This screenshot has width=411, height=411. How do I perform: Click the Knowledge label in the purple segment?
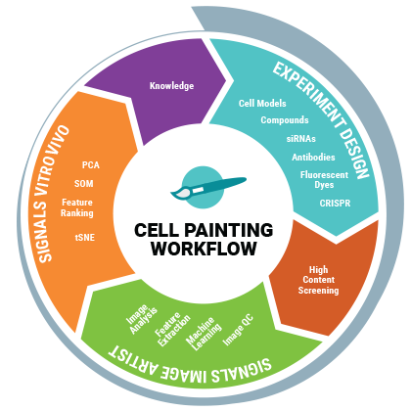pyautogui.click(x=171, y=86)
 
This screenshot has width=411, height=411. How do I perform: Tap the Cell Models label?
pyautogui.click(x=262, y=104)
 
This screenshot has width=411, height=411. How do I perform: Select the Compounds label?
pyautogui.click(x=285, y=120)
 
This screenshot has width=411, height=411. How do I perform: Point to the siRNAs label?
pyautogui.click(x=301, y=139)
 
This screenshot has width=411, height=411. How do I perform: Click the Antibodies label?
pyautogui.click(x=313, y=158)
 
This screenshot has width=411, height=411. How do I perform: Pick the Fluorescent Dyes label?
pyautogui.click(x=324, y=180)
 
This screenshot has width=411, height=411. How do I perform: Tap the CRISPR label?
pyautogui.click(x=335, y=204)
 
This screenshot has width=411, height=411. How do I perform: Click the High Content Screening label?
pyautogui.click(x=318, y=280)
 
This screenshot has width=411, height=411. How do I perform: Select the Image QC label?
pyautogui.click(x=238, y=330)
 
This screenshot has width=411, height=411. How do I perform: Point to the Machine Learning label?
pyautogui.click(x=204, y=334)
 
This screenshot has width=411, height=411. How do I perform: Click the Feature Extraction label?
pyautogui.click(x=172, y=329)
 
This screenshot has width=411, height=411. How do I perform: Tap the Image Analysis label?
pyautogui.click(x=142, y=319)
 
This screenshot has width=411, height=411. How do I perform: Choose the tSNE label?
pyautogui.click(x=85, y=238)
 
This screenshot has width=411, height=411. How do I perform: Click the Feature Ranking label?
pyautogui.click(x=77, y=207)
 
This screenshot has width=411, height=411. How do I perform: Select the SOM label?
pyautogui.click(x=84, y=184)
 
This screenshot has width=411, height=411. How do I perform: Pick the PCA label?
pyautogui.click(x=91, y=165)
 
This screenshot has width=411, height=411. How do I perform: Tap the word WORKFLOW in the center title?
pyautogui.click(x=204, y=249)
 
